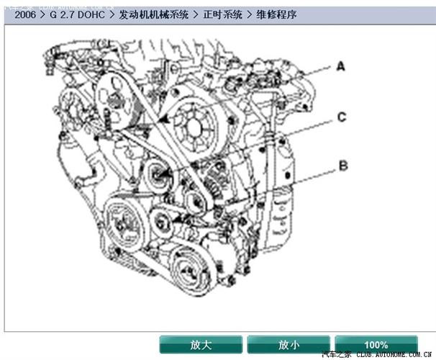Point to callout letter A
point(341,66)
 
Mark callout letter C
point(342,116)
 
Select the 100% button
point(376,345)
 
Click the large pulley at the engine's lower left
point(124,220)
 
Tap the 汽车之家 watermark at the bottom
point(338,355)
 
